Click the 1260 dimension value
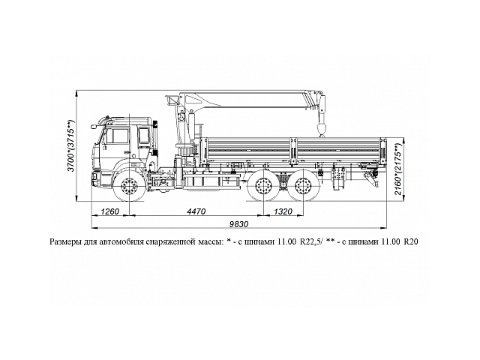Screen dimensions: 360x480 pyautogui.click(x=110, y=211)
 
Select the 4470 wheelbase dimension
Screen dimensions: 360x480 pyautogui.click(x=197, y=211)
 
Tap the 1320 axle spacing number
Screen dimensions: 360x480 pyautogui.click(x=284, y=211)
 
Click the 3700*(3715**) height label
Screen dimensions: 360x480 pyautogui.click(x=71, y=146)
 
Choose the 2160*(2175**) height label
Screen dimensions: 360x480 pyautogui.click(x=412, y=169)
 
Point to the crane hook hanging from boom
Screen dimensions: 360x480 pyautogui.click(x=322, y=132)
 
